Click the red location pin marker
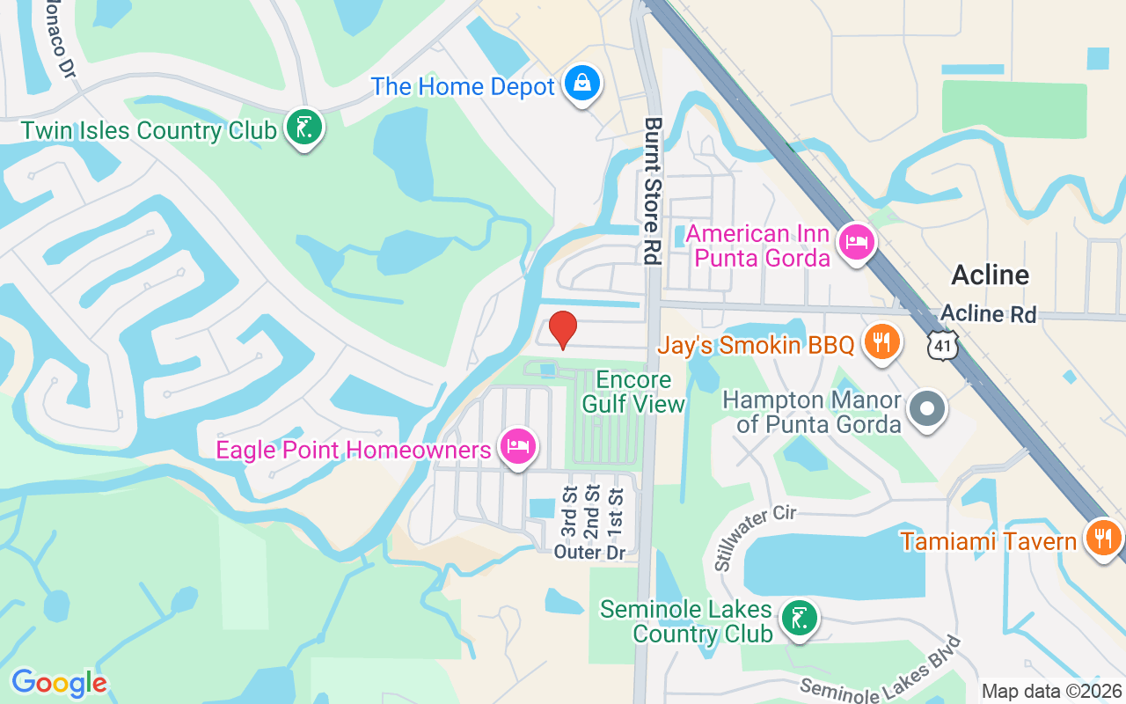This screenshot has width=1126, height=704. click(563, 329)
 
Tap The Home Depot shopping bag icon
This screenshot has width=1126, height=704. click(581, 84)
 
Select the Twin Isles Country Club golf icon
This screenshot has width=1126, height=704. click(304, 128)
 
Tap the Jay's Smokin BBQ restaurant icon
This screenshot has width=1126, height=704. click(881, 341)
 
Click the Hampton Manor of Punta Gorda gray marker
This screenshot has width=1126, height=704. click(925, 409)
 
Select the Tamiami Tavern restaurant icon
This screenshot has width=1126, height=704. click(1101, 538)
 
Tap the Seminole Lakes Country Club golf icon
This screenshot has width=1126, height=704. click(799, 620)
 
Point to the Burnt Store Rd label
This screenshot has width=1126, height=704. click(652, 191)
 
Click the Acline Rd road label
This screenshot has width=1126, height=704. click(988, 314)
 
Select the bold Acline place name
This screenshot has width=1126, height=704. click(990, 275)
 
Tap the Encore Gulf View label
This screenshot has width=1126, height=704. click(634, 392)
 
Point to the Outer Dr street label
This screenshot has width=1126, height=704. click(589, 553)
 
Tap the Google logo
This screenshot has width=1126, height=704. click(59, 683)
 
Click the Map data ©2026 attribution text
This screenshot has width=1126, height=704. click(1051, 691)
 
